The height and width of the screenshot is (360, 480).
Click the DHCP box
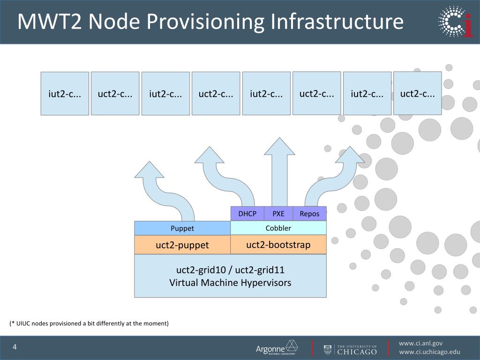point(247,214)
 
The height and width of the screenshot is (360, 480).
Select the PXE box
point(278,214)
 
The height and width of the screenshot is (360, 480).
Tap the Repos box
point(309,214)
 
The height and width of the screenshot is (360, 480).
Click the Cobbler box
point(278,228)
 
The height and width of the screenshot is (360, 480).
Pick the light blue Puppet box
point(182,228)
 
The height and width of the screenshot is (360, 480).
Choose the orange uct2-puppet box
point(182,245)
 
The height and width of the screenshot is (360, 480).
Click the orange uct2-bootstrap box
point(278,245)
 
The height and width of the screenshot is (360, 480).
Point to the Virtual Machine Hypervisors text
point(230,283)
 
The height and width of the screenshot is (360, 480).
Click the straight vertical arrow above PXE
point(279,173)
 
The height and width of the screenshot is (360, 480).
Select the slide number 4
point(15,347)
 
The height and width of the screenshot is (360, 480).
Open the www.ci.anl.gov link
point(420,343)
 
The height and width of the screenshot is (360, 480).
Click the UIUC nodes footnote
point(89,323)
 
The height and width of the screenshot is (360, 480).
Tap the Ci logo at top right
point(455,22)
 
